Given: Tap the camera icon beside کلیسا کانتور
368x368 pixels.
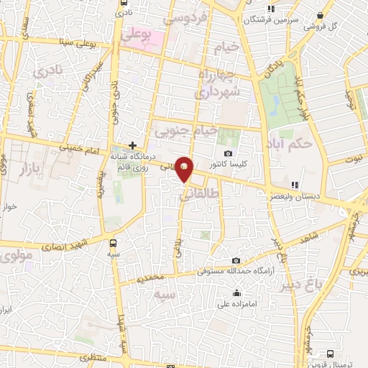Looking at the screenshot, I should pos(229,153).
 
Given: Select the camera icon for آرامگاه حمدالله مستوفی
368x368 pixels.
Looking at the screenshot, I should pos(236,260).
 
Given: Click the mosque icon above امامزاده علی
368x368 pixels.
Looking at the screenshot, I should pos(236,293).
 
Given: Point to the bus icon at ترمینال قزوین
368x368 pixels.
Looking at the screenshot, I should pos(330,354).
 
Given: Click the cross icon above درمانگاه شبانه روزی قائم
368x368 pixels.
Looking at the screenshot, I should pos(132,144).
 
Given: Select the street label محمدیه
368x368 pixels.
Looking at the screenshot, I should pos(152,276).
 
